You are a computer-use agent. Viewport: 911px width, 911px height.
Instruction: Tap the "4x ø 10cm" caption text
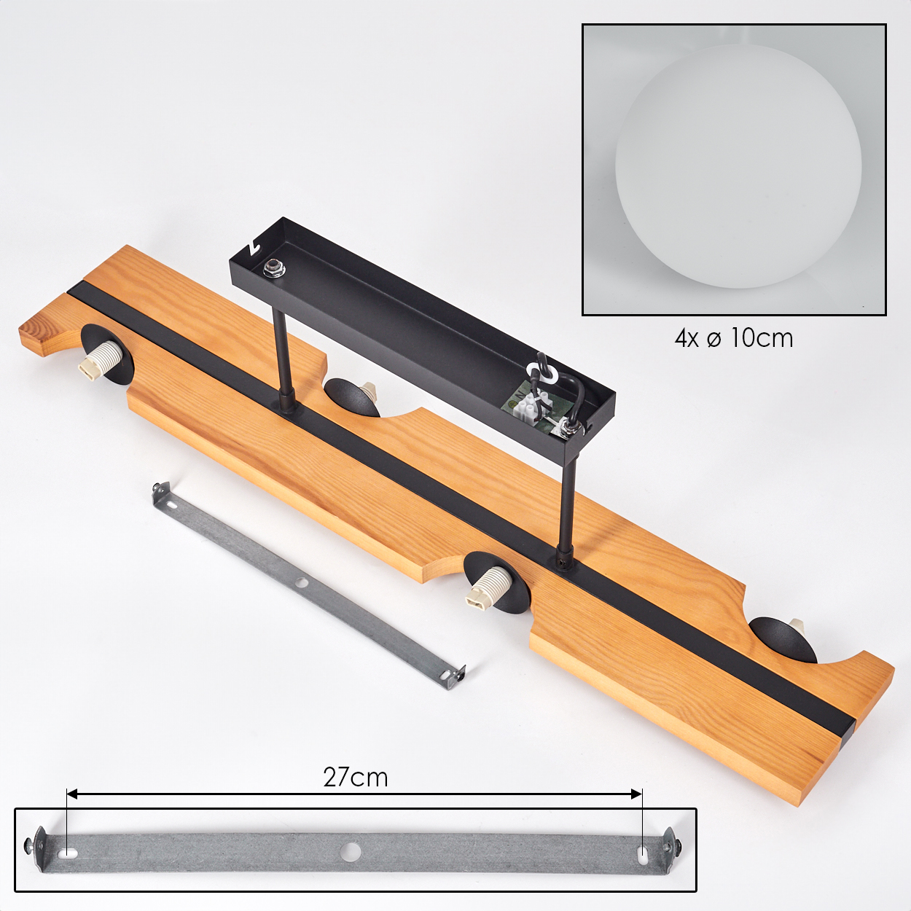click(x=734, y=338)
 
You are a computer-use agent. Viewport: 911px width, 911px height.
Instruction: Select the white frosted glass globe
click(x=738, y=166)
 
